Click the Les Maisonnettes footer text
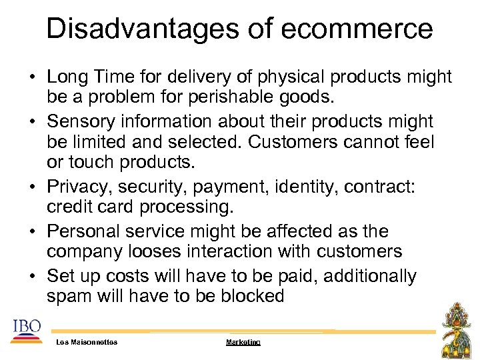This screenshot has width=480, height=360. pos(87,342)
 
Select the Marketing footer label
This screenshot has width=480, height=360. pos(243,342)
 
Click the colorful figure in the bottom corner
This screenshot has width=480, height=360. pos(456,329)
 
